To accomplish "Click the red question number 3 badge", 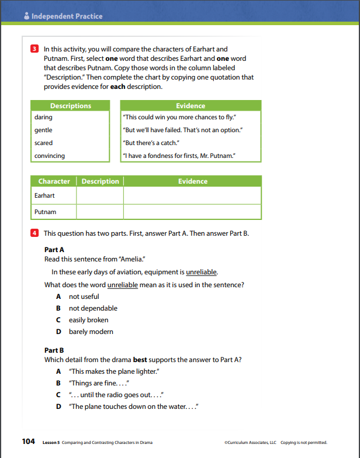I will click(34, 49).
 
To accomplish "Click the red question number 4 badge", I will click(34, 233).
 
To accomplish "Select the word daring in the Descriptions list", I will click(43, 117).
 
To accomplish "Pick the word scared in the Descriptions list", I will click(43, 143).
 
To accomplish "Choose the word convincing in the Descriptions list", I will click(50, 156).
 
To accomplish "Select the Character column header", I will click(54, 181).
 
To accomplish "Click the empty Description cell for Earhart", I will click(100, 195).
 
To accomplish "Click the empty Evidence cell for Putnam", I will click(192, 212).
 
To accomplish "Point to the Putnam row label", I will click(46, 212).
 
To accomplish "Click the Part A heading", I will click(54, 250).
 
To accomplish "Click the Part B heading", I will click(54, 351).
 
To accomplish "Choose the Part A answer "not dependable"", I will click(93, 308).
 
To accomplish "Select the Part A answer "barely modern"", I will click(91, 332).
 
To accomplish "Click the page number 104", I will click(29, 442).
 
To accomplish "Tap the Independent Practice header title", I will click(67, 16).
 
